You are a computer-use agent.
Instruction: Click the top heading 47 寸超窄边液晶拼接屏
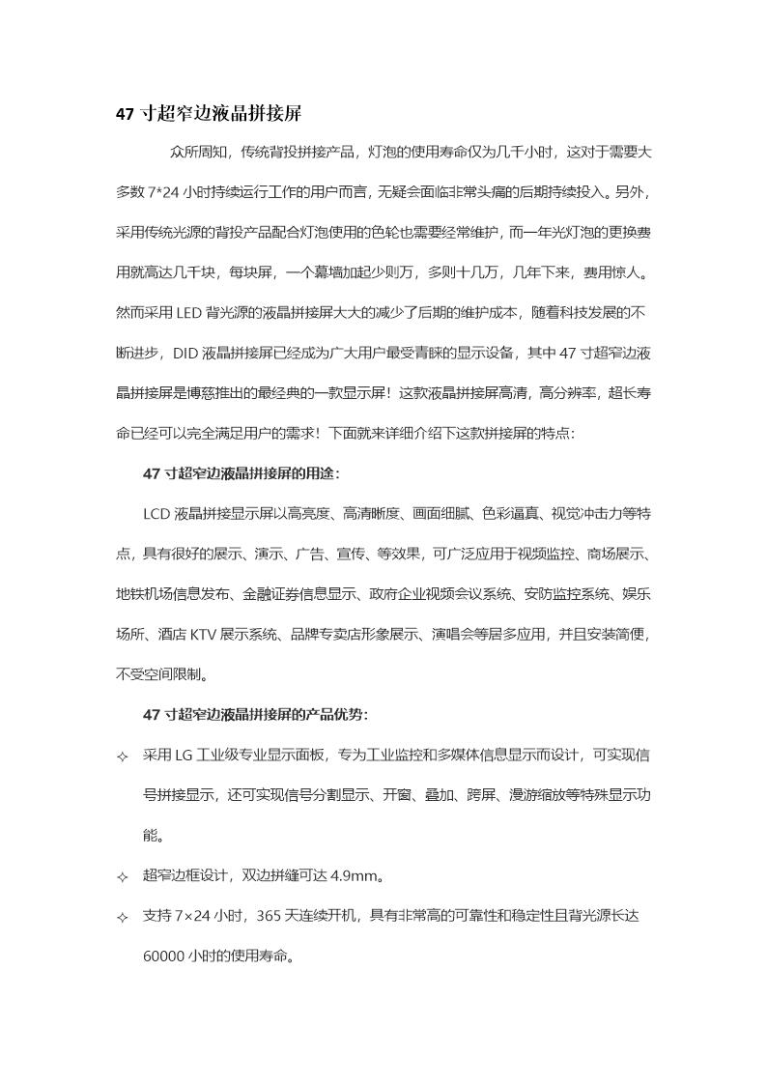click(209, 114)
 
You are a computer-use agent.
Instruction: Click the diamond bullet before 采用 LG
click(122, 757)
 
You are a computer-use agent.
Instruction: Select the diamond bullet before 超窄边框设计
click(122, 877)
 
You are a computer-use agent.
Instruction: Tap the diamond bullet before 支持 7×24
click(122, 918)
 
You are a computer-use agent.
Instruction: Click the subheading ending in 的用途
click(241, 473)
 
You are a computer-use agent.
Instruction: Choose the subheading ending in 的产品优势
click(254, 715)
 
